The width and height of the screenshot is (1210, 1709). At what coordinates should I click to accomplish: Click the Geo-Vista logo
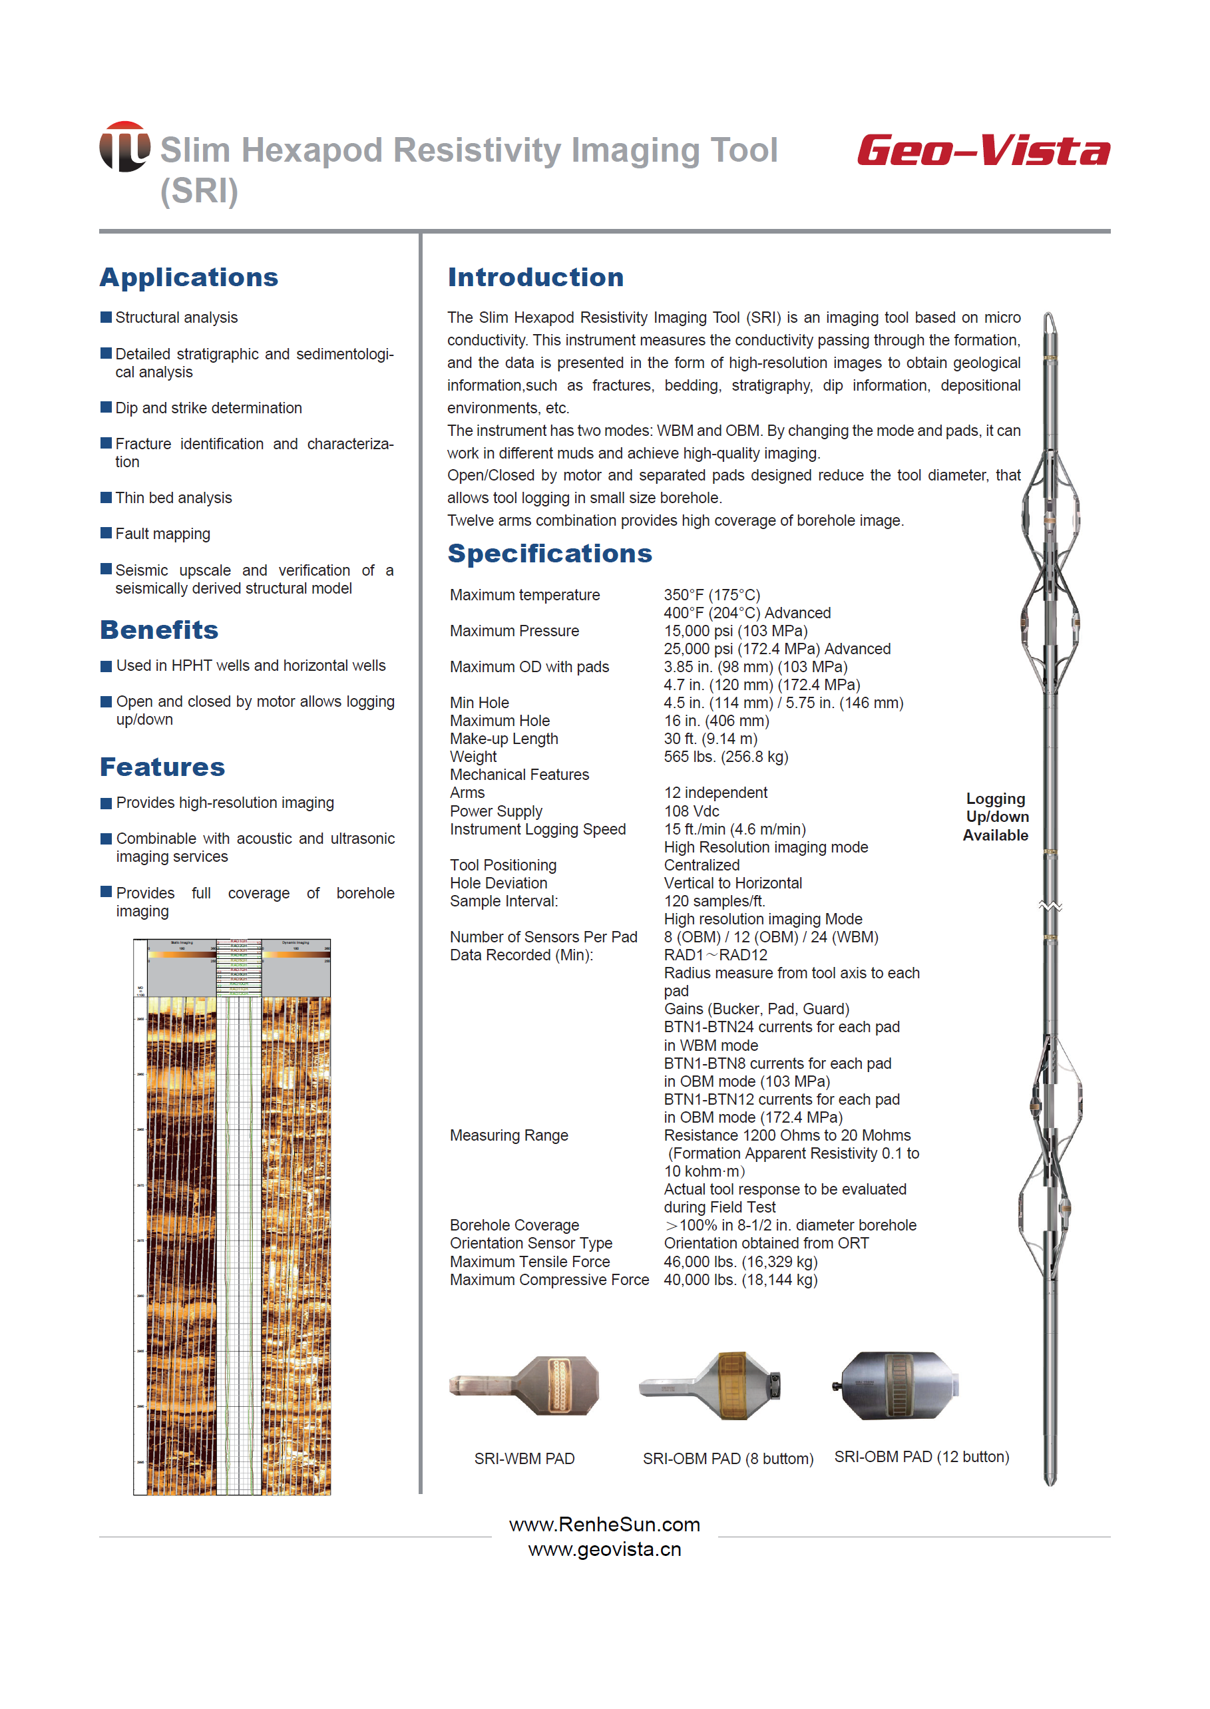[x=983, y=150]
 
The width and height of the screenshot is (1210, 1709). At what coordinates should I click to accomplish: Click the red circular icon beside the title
[x=124, y=147]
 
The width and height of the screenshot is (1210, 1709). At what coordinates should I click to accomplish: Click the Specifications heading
[x=549, y=554]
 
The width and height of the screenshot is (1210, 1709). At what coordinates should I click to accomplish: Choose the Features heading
[x=162, y=767]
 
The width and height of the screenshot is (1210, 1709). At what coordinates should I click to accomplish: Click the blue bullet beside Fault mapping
[x=106, y=532]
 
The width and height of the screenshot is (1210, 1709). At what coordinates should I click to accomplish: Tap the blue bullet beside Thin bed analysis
[x=106, y=497]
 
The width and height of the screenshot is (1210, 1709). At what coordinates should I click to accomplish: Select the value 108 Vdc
[x=692, y=811]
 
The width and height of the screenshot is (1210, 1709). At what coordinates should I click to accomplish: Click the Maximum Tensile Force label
[x=529, y=1261]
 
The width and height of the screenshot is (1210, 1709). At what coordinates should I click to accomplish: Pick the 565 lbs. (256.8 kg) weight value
[x=725, y=757]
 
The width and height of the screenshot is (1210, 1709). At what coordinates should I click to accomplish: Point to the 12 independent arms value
[x=715, y=793]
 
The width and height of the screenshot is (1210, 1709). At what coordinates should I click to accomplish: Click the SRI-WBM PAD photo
[x=524, y=1386]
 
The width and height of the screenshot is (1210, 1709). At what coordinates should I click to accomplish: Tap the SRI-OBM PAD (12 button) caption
[x=921, y=1457]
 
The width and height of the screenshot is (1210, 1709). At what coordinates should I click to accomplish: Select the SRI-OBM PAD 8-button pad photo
[x=711, y=1386]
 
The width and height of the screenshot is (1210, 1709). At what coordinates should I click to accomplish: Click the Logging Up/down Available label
[x=996, y=817]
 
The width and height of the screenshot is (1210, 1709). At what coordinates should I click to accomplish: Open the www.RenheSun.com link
[x=604, y=1525]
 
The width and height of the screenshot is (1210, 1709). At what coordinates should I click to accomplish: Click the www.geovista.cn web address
[x=604, y=1549]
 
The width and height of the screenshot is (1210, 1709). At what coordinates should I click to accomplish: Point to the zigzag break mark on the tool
[x=1050, y=906]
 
